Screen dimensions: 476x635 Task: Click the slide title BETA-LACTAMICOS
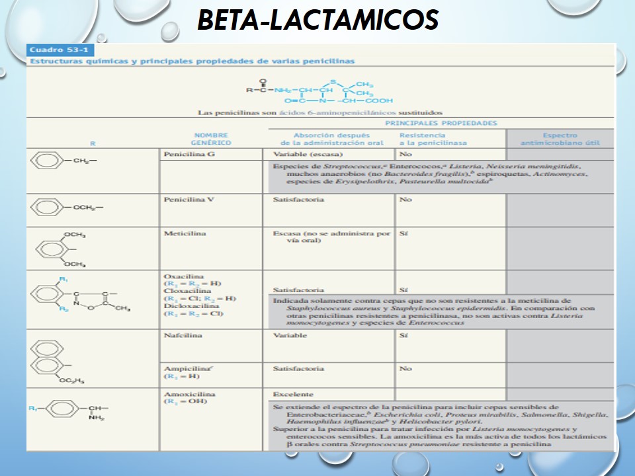tap(317, 20)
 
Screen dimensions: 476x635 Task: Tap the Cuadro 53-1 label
tap(52, 50)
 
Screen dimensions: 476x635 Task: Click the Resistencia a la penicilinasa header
tap(433, 138)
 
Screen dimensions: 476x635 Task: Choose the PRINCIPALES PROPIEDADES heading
tap(441, 123)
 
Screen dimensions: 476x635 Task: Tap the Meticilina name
tap(184, 233)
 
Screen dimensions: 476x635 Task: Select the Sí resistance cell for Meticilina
tap(403, 233)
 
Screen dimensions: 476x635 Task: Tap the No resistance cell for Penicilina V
tap(405, 198)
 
